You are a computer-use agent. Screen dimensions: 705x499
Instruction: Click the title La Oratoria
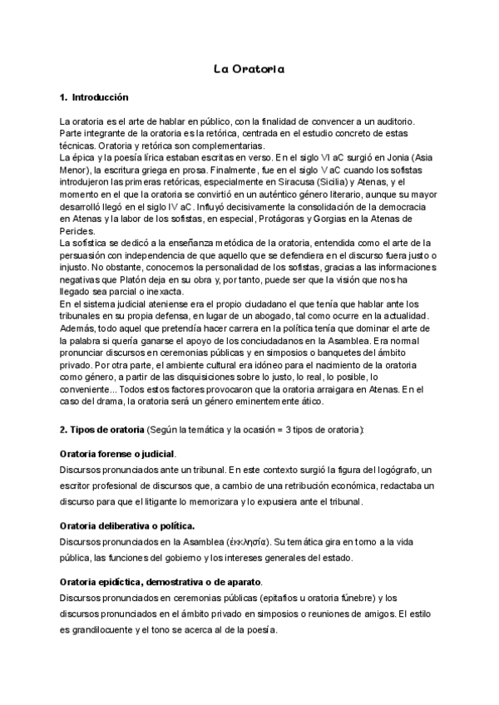pyautogui.click(x=249, y=69)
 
